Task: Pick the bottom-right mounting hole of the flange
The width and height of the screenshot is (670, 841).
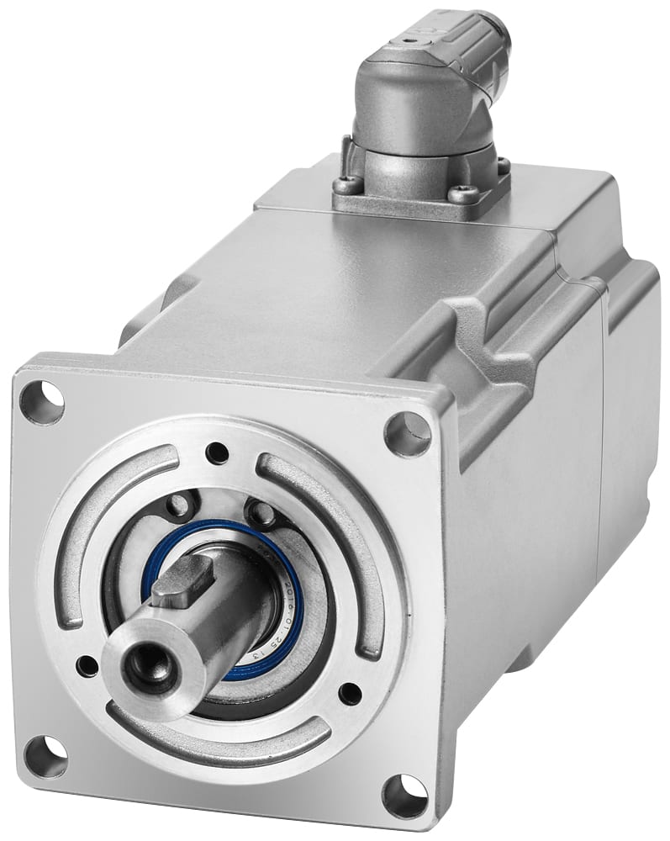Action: tap(405, 795)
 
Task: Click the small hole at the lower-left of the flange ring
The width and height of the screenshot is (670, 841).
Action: tap(87, 666)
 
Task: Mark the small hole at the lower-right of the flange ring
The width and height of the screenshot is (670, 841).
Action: tap(350, 694)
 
